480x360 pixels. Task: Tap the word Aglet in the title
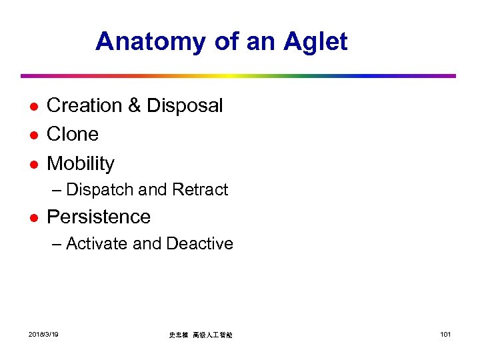tap(315, 41)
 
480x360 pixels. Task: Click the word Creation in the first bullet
tap(85, 105)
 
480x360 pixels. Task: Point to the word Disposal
tap(185, 105)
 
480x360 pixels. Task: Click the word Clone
tap(73, 134)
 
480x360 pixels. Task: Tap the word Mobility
tap(81, 163)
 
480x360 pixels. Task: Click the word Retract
tap(200, 190)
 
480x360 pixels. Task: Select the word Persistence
tap(99, 217)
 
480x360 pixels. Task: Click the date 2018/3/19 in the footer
tap(43, 334)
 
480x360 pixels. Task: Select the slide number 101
tap(445, 334)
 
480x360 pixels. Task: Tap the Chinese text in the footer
tap(201, 335)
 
